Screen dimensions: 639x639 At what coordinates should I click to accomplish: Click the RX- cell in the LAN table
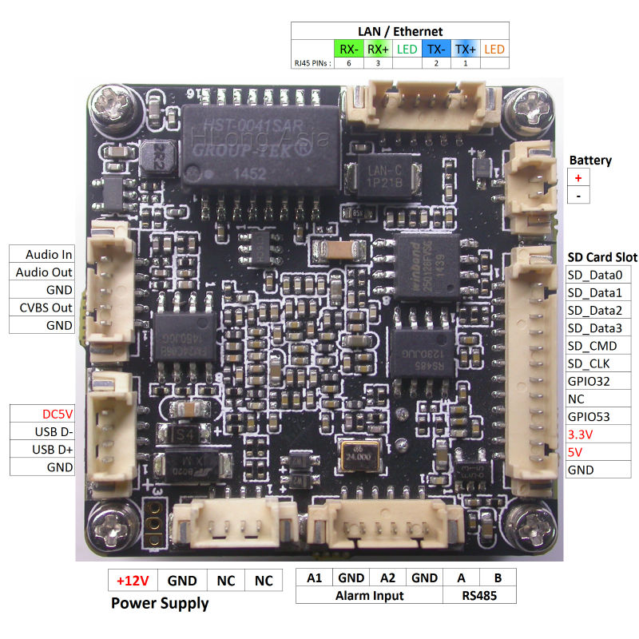coord(349,49)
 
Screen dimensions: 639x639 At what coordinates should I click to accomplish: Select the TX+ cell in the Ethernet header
coord(466,49)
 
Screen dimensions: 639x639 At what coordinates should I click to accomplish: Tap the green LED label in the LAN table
coord(407,49)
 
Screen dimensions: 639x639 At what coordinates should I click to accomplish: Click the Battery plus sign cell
coord(578,178)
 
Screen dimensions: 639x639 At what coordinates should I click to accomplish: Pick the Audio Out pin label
coord(42,272)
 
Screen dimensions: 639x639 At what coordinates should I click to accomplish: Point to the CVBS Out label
coord(42,308)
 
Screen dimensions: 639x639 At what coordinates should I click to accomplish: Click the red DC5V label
coord(42,415)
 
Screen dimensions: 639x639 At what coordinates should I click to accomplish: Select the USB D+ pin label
coord(42,450)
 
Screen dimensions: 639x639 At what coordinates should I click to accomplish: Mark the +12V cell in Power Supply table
coord(133,581)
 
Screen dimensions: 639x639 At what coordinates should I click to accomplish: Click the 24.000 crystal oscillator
coord(357,455)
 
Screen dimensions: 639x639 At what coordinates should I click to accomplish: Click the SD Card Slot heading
coord(602,257)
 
